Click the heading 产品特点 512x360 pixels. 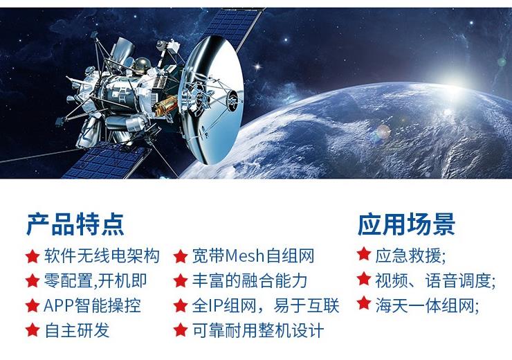[75, 224]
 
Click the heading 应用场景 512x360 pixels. [407, 224]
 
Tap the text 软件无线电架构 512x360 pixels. [102, 255]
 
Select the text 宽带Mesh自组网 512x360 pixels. [253, 255]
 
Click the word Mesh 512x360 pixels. [245, 255]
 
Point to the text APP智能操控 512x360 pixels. [92, 306]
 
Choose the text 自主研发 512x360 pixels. [77, 330]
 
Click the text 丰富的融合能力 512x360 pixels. [250, 280]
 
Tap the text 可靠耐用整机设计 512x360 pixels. [258, 330]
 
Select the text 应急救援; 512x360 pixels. [410, 255]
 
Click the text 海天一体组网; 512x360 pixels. [427, 306]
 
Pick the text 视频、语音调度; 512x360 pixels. [435, 280]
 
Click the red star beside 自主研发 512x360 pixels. [33, 330]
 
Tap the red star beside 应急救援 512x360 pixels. [364, 254]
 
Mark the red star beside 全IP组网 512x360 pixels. [181, 305]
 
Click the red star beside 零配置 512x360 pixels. [33, 280]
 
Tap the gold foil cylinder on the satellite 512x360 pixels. [166, 105]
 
